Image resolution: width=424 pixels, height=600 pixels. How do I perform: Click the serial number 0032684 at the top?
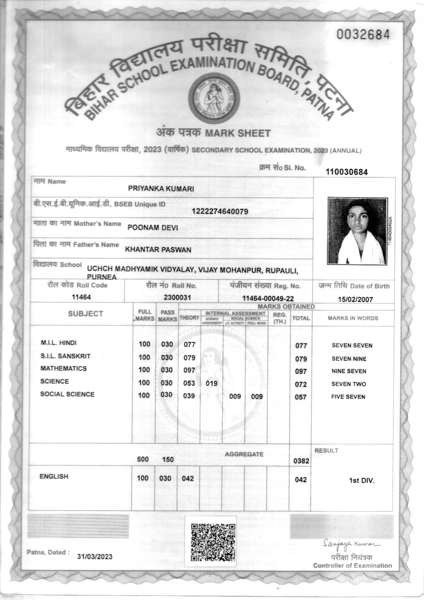364,35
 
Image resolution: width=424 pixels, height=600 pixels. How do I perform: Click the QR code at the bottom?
213,541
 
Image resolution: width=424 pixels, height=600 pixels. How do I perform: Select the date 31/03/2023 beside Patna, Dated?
95,556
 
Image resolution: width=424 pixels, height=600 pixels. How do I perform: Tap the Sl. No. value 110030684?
347,172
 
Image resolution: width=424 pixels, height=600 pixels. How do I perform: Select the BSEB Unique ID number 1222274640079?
220,211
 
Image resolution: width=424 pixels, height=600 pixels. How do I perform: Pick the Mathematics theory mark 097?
190,371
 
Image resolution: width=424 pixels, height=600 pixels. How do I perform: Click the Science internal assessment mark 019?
212,383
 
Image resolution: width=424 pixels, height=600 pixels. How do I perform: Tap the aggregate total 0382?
301,461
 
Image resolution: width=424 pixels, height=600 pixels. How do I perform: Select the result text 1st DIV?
362,481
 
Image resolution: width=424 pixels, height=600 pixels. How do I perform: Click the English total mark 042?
301,479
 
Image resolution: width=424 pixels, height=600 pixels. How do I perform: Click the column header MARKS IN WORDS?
353,318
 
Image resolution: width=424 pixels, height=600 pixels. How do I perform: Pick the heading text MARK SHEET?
237,133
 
